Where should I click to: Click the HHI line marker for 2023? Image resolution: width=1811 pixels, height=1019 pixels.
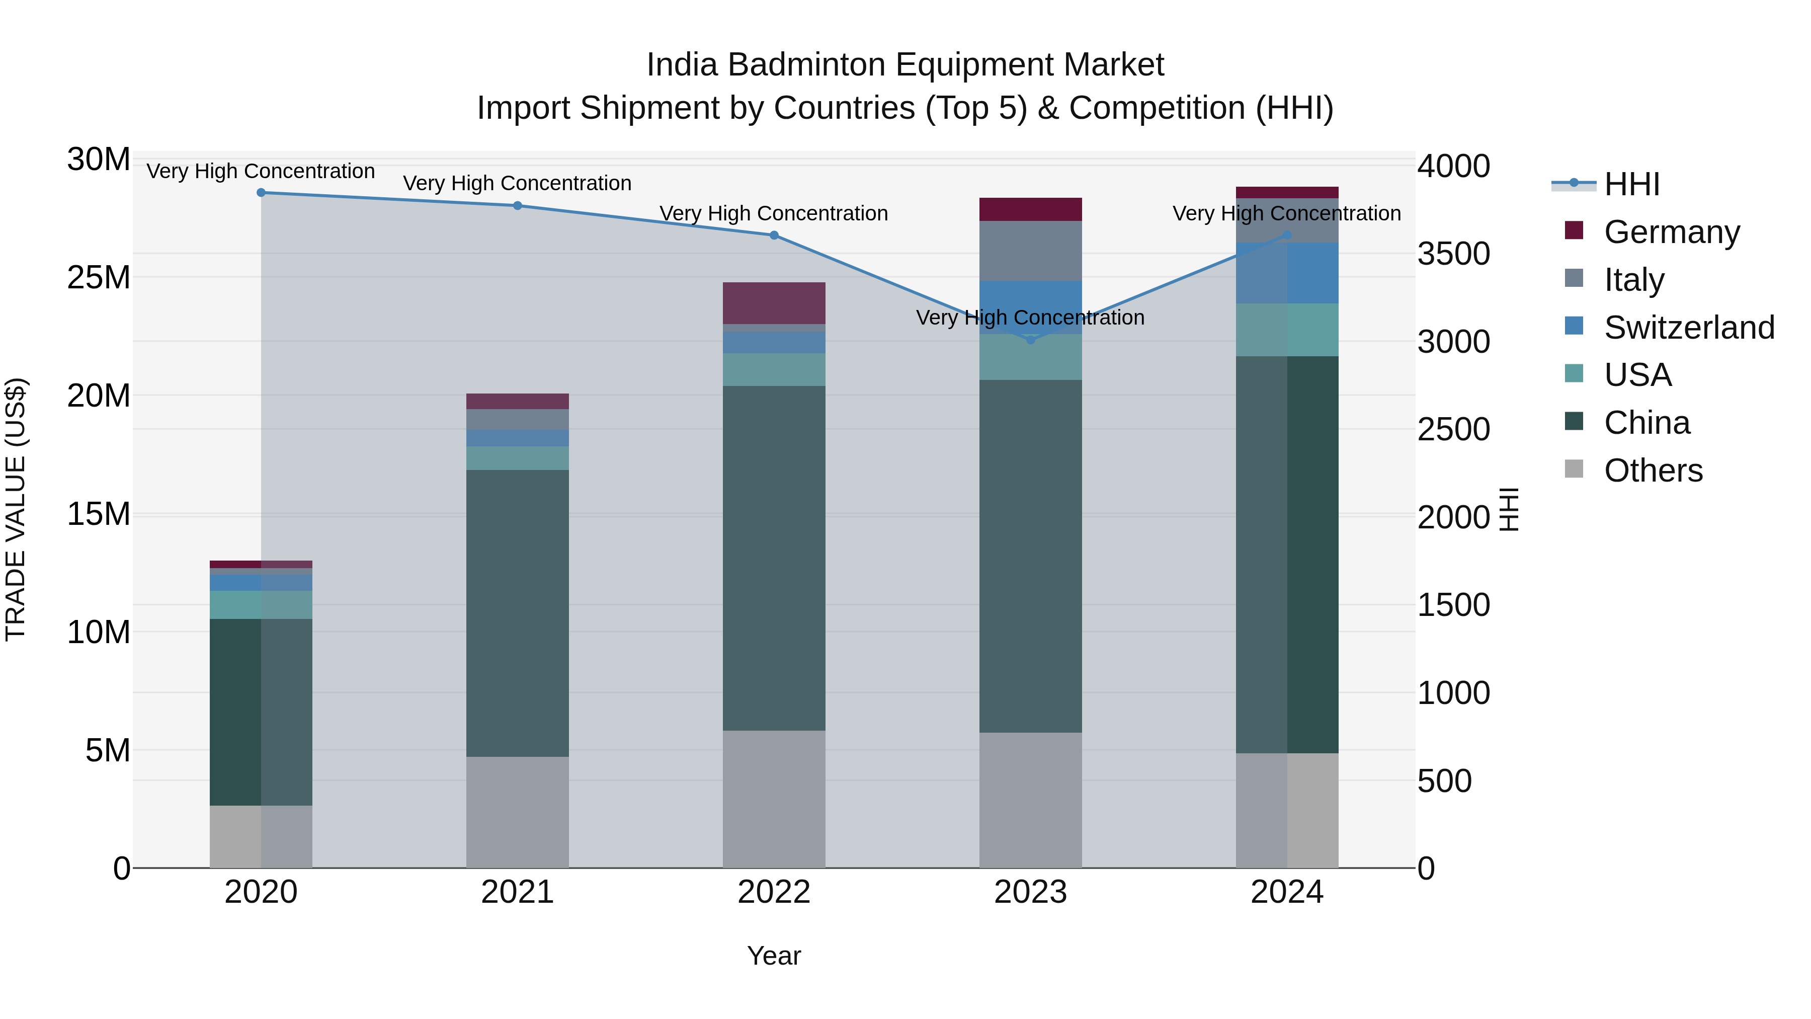[x=1031, y=340]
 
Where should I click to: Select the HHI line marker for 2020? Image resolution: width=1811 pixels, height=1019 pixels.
[x=261, y=193]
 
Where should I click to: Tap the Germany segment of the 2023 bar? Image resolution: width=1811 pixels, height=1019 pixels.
[x=1031, y=209]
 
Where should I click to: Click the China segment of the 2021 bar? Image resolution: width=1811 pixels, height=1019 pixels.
[x=518, y=613]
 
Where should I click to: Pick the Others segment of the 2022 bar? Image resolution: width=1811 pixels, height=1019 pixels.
[x=774, y=799]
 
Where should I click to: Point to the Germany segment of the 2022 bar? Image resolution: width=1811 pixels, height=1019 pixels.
[x=774, y=303]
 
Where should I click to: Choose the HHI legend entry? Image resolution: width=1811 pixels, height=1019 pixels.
[x=1631, y=184]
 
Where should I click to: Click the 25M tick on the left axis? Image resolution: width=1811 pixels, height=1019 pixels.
[x=99, y=278]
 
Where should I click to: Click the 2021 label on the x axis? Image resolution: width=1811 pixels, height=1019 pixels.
[x=518, y=892]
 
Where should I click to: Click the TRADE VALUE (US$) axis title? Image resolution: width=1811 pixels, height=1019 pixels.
[x=16, y=510]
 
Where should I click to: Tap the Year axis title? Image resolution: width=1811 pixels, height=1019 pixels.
[x=774, y=956]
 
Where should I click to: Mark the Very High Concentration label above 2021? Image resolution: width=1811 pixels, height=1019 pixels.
[x=518, y=183]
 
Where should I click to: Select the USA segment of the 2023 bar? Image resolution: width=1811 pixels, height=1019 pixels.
[x=1031, y=357]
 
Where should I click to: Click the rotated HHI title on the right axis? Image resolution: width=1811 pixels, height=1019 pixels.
[x=1509, y=510]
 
